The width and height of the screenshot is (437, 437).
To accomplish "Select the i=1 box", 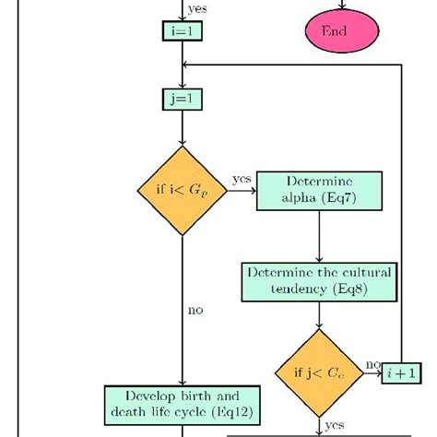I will click(183, 32).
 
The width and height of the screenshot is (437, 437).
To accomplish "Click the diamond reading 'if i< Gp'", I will click(183, 190).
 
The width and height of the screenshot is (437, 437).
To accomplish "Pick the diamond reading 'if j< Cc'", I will click(319, 373).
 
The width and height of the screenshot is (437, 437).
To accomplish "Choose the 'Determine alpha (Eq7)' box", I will click(319, 190).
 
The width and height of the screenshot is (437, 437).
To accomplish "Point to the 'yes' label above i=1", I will click(196, 9).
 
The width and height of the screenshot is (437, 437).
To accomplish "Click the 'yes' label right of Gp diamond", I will click(242, 178).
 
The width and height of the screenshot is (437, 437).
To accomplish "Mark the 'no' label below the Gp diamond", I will click(195, 311).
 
